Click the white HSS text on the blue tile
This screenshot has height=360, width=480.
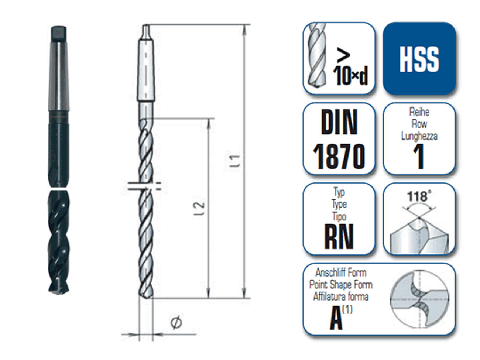tap(419, 59)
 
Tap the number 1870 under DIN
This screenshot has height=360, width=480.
tap(339, 157)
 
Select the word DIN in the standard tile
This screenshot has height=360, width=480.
tap(339, 123)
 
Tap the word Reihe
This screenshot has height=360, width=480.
tap(419, 112)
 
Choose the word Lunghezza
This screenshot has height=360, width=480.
tap(419, 136)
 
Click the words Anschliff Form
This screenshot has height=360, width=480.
tap(340, 273)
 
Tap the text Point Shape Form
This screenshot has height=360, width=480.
tap(340, 285)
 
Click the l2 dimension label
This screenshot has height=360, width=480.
tap(199, 209)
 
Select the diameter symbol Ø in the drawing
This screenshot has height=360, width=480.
tap(176, 322)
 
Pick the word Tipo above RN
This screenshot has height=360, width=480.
tap(339, 216)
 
